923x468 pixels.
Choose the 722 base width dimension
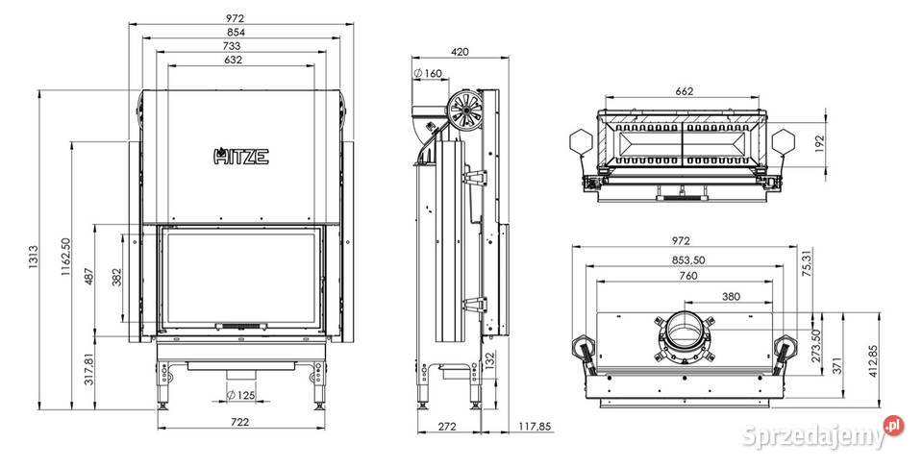click(240, 423)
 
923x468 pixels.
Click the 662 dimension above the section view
click(684, 92)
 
